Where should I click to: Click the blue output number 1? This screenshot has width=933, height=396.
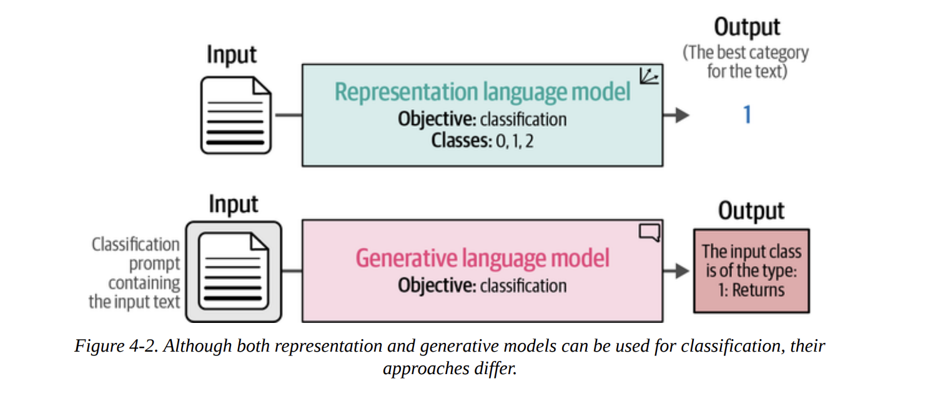(x=747, y=115)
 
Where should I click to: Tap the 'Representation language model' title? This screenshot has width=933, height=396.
(x=482, y=92)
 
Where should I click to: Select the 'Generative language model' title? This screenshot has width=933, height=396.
(x=482, y=258)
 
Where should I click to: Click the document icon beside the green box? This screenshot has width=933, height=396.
(x=236, y=115)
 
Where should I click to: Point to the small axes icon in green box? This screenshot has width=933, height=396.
(x=649, y=76)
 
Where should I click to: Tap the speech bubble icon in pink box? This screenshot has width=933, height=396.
(x=649, y=233)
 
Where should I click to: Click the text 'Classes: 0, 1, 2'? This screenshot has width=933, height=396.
(x=482, y=141)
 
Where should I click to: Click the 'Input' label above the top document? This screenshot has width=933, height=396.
(x=232, y=55)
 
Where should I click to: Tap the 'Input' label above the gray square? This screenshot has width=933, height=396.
(x=233, y=204)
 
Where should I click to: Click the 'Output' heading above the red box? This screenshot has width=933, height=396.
(x=751, y=211)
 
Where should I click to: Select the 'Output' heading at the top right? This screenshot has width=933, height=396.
(x=747, y=27)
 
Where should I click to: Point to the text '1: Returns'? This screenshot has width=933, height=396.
(x=751, y=290)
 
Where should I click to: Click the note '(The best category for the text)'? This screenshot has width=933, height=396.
(x=746, y=62)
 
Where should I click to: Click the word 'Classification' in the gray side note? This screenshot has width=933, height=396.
(x=136, y=244)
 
